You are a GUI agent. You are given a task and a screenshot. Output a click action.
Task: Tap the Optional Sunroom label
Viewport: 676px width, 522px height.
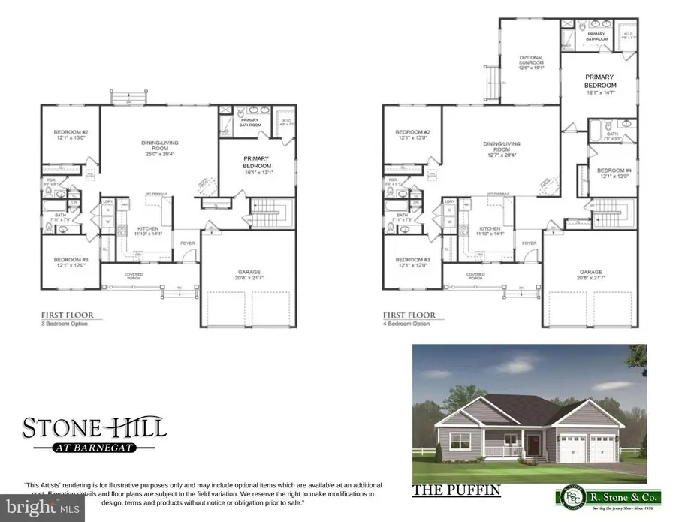coord(532,60)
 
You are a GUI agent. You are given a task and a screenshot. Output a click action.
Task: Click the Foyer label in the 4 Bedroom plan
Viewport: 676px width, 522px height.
coord(530,243)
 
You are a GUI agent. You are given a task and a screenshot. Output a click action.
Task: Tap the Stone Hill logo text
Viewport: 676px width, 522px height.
coord(94,429)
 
